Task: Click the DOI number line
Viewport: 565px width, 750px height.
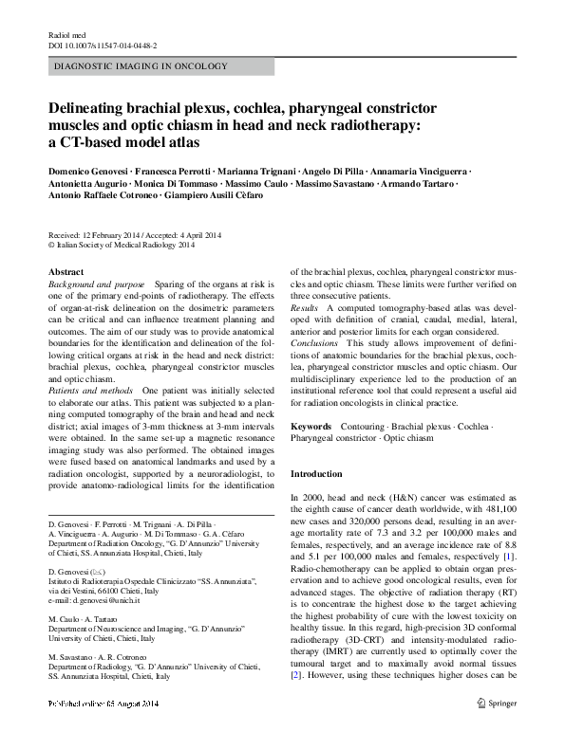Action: click(x=102, y=45)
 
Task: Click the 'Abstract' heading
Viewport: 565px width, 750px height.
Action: click(x=66, y=272)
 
